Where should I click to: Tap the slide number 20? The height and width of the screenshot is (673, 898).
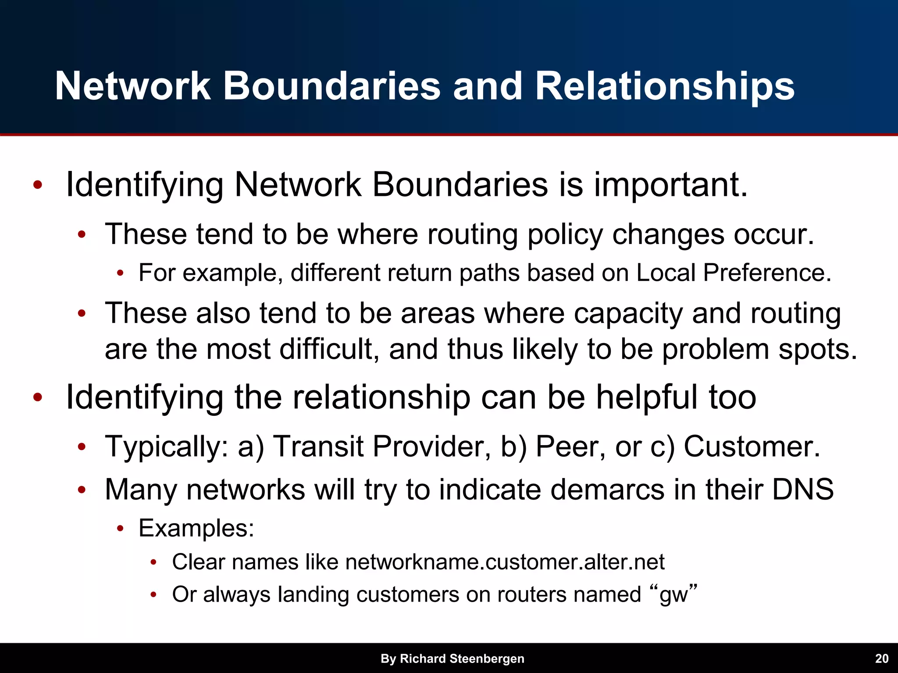click(x=881, y=659)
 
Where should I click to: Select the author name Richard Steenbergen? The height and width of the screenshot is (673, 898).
click(x=462, y=659)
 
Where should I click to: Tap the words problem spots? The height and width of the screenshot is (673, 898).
click(x=759, y=349)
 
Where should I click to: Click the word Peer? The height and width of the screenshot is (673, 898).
click(x=570, y=446)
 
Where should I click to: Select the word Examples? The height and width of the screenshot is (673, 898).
click(x=196, y=528)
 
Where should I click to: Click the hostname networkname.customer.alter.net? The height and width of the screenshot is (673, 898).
click(x=505, y=562)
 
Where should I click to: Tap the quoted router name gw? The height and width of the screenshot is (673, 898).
click(x=674, y=595)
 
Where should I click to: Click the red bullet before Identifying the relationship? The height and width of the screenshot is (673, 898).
click(x=38, y=397)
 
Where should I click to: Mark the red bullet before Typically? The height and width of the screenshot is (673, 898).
click(x=82, y=447)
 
